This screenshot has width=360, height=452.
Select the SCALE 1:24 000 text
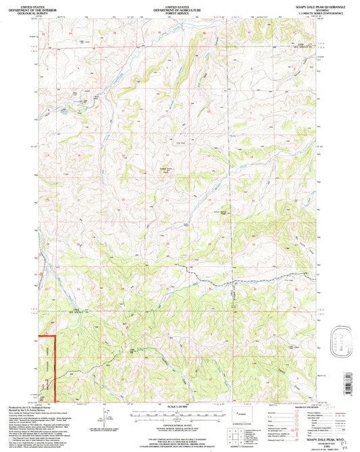[x=178, y=405]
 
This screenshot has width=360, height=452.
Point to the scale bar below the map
[x=178, y=411]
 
